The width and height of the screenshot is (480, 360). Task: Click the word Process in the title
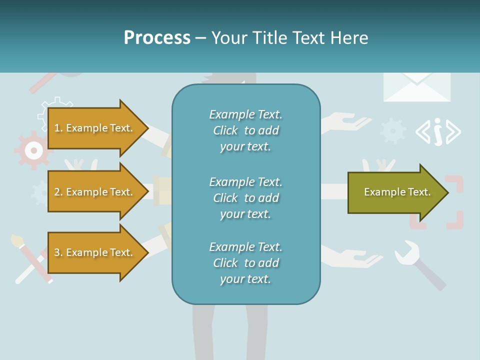tap(157, 38)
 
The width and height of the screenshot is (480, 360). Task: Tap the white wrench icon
tap(407, 252)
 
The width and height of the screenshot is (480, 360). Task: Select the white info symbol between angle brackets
tap(438, 132)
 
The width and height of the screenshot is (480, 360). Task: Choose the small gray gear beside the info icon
tap(393, 130)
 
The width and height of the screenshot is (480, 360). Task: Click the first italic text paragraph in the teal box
tap(245, 130)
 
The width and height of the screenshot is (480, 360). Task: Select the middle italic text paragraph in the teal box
tap(245, 198)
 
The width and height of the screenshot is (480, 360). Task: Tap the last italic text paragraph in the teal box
tap(245, 263)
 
